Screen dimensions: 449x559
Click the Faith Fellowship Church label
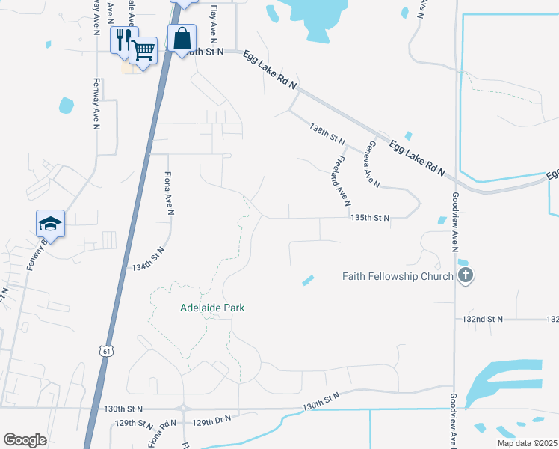click(398, 276)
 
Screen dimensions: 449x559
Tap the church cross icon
click(465, 275)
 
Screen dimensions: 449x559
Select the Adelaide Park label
click(212, 308)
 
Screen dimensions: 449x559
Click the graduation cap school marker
click(50, 223)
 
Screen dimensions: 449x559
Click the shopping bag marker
click(182, 37)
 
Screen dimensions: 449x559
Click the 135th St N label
click(370, 219)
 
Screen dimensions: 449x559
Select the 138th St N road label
click(327, 135)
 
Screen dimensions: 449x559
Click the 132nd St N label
click(483, 319)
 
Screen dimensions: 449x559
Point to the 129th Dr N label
click(213, 423)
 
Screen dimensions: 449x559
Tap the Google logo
click(25, 440)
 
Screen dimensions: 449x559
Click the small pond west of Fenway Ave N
click(67, 105)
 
